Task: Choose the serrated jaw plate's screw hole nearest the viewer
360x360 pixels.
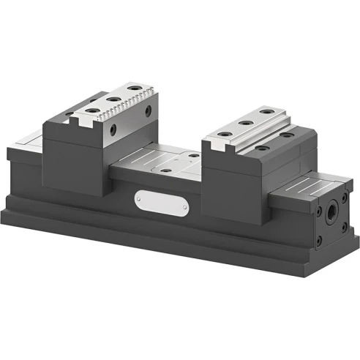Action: (93, 110)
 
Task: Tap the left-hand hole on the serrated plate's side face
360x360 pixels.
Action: (113, 129)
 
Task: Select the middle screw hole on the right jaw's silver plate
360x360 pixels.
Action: (245, 123)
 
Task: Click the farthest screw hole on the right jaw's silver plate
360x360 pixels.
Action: (267, 112)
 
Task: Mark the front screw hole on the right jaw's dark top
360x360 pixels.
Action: (261, 148)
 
